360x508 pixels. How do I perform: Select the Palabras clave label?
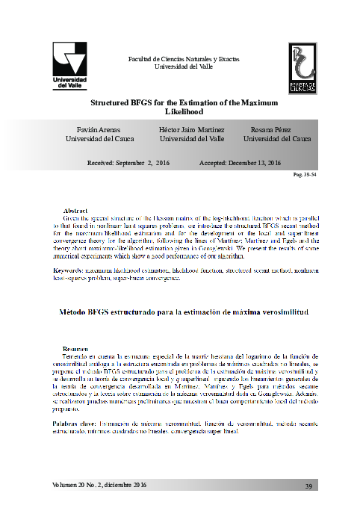click(x=75, y=424)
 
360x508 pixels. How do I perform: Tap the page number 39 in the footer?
click(x=307, y=486)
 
